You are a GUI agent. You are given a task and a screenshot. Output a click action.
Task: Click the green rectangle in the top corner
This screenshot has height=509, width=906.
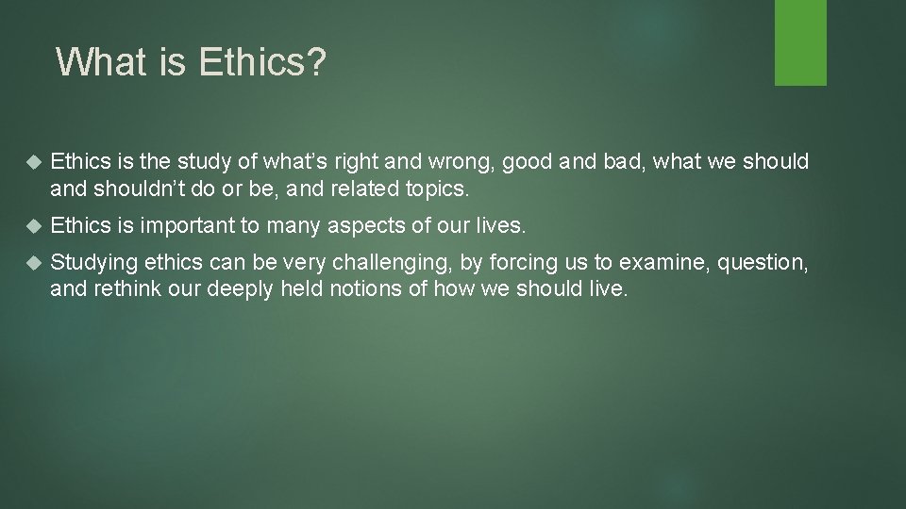[x=800, y=42]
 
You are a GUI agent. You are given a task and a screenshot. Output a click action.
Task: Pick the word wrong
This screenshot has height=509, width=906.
[x=452, y=163]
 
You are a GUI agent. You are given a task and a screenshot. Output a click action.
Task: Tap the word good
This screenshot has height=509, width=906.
[x=528, y=163]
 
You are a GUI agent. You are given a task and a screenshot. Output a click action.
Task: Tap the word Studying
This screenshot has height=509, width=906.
[x=93, y=262]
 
